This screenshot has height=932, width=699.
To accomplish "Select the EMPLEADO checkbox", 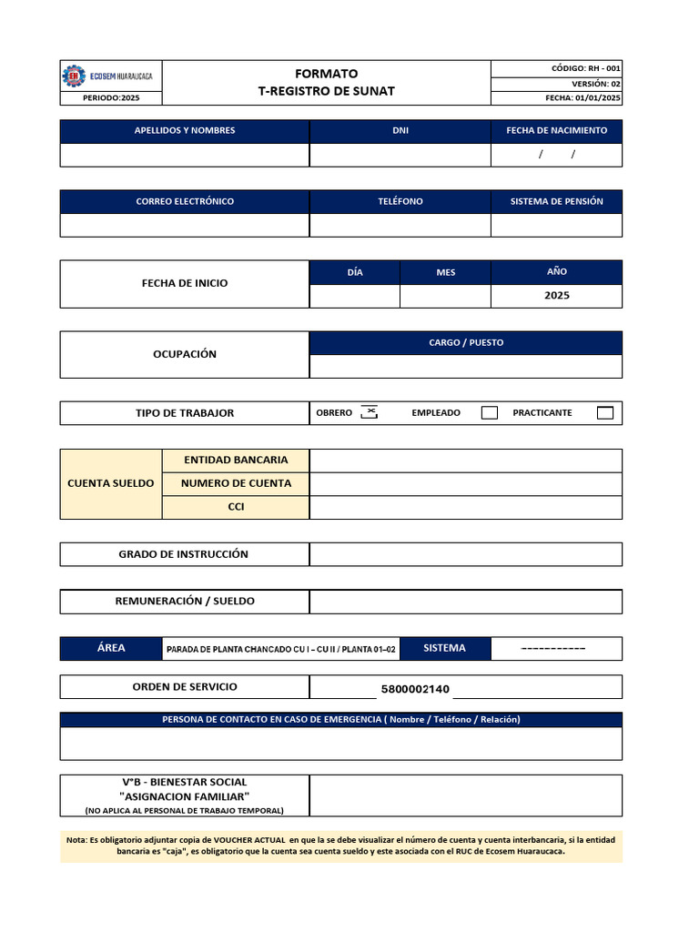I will coord(490,412).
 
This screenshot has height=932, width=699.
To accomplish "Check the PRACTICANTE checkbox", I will coord(605,412).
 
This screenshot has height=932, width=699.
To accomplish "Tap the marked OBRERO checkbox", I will coord(369,412).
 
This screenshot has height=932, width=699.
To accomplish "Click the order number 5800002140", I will coord(415,689).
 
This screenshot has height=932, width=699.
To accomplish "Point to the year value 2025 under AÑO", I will coord(556,296).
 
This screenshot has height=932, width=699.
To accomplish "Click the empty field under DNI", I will coord(400,156).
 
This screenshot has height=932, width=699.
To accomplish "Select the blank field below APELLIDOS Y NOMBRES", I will coord(185,156).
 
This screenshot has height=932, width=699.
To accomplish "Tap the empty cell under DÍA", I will coord(355,296).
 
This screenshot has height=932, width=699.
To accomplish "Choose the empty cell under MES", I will coord(445,296).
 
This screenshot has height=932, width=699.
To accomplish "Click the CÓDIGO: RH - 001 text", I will coord(586,68).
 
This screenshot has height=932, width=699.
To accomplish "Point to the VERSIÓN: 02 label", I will coord(596,83).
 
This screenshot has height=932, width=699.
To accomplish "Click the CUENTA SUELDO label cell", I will coord(111,483).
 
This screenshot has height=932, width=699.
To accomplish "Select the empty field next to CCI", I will coord(466,507).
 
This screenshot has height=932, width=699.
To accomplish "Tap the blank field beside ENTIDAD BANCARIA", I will coord(466,461).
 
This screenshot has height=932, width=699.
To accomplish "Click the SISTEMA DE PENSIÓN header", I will coord(556,201).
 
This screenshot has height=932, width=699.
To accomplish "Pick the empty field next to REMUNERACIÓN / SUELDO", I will coord(466,602).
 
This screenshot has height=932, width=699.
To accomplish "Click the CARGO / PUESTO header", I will coord(466,343).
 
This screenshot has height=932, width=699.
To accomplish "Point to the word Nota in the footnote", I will coord(76,839).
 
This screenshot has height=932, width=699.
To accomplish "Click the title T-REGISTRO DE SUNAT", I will coord(327,91).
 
